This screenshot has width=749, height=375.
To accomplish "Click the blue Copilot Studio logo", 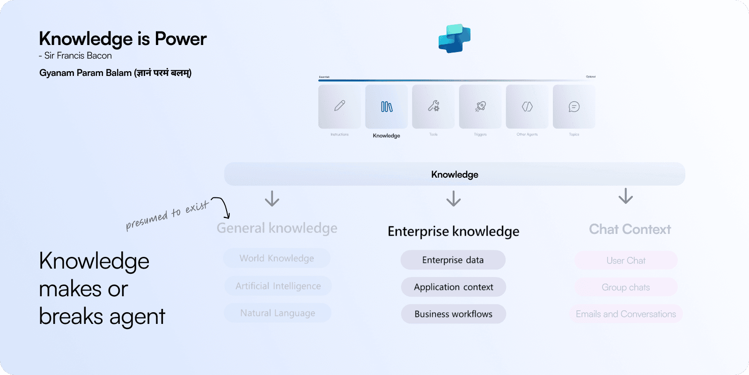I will point(454,38).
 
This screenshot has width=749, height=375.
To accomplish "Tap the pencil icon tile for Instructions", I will point(340,106).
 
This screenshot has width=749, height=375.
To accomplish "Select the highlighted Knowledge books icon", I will point(387,106).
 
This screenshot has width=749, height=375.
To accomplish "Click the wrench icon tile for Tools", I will point(433,106).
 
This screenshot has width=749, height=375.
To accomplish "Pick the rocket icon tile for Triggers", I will point(480,106).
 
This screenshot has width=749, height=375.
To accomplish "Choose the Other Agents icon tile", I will point(527,106).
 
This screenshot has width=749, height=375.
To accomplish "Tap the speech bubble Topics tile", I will point(574,106).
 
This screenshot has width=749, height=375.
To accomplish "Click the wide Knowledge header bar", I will point(454,174).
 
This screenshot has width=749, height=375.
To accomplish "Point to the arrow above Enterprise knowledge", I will point(453,199).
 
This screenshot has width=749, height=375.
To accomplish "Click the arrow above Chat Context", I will point(625,196).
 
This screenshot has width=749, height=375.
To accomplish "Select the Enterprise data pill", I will point(453,260).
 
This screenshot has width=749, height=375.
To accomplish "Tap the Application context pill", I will point(453,287).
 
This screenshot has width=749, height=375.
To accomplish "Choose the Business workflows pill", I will point(453,314).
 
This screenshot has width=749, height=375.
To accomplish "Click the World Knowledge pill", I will point(277,258).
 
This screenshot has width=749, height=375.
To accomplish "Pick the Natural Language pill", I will point(278,313).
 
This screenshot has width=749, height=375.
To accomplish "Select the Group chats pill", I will point(626,287).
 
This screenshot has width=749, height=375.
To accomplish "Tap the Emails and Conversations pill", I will point(626,314).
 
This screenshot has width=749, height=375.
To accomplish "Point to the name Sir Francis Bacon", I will point(78,56).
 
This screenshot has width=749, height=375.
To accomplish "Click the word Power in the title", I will point(181,39).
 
